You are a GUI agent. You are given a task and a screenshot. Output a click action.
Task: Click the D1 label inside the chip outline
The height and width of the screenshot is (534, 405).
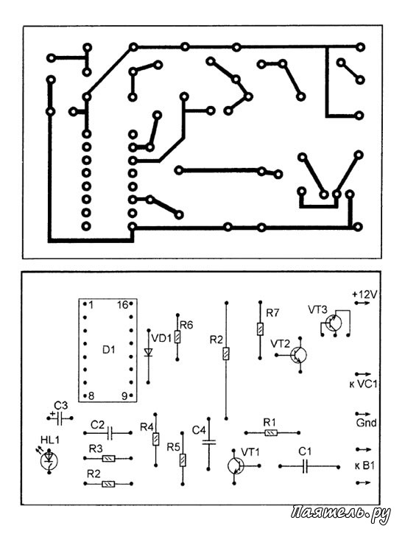[x=109, y=350]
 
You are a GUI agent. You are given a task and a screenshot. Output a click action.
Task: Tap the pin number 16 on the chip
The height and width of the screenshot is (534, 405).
[x=122, y=305]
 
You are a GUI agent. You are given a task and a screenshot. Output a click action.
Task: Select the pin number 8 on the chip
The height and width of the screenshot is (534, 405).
[x=91, y=396]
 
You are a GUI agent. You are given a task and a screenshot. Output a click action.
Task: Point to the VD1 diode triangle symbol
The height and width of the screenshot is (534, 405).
[x=148, y=352]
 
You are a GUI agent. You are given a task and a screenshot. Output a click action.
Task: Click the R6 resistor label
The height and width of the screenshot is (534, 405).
[x=186, y=326]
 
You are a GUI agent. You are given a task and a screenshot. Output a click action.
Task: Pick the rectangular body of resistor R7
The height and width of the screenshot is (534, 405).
[x=260, y=329]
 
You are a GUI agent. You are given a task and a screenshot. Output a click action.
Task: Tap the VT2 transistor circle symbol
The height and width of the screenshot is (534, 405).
[x=299, y=355]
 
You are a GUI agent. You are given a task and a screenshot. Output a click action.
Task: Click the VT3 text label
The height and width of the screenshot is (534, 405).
[x=317, y=309]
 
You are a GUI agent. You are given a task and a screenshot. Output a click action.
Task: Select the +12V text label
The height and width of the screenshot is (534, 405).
[x=364, y=294]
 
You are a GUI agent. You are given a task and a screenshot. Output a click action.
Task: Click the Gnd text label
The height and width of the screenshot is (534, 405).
[x=366, y=423]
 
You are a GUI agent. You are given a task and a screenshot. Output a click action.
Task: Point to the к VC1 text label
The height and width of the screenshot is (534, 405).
[x=363, y=384]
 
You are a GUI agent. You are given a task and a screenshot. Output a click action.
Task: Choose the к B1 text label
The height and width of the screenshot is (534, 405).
[x=364, y=466]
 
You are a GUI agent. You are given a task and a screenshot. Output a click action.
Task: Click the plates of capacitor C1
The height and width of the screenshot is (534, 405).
[x=306, y=466]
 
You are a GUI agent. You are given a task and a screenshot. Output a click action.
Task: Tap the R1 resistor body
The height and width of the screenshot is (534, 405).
[x=271, y=433]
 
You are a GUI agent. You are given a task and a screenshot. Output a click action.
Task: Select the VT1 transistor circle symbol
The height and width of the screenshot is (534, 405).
[x=236, y=466]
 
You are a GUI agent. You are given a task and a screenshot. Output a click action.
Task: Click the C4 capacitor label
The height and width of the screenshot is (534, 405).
[x=199, y=430]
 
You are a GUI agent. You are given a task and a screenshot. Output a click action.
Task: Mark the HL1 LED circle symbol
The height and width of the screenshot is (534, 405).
[x=49, y=461]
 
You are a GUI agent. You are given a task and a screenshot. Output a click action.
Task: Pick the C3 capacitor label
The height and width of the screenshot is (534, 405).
[x=61, y=405]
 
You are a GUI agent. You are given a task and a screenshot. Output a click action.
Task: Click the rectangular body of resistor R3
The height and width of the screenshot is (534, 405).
[x=108, y=458]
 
